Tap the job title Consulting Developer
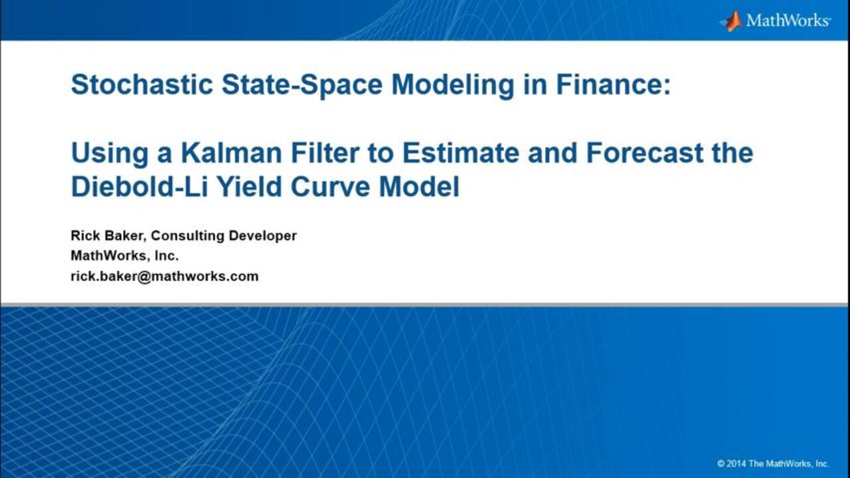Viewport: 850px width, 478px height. point(224,236)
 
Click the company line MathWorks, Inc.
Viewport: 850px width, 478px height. point(125,256)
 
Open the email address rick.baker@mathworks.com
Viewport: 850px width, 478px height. point(165,277)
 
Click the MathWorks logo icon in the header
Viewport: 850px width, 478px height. point(731,21)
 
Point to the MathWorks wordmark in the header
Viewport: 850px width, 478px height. point(788,21)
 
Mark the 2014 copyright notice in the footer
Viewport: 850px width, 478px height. point(773,463)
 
